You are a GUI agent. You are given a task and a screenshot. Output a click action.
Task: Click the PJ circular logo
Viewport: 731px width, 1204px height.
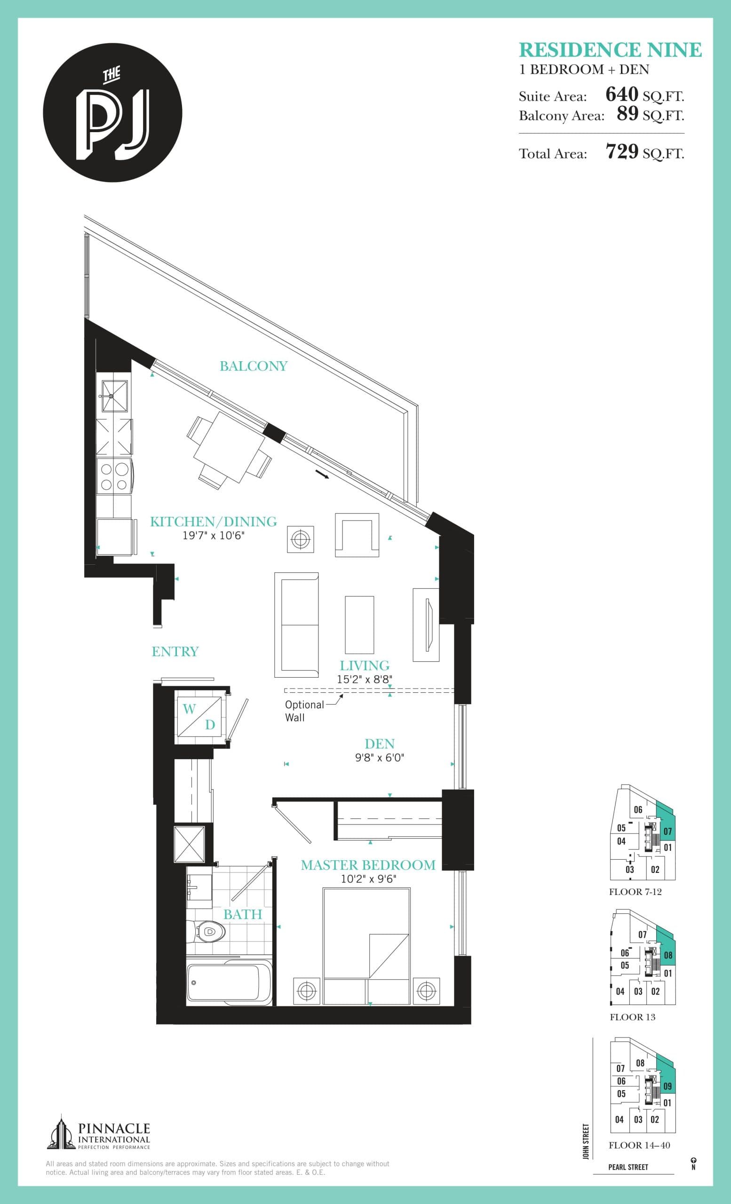coord(112,113)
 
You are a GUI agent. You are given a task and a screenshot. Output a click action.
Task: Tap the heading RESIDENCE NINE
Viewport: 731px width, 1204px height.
coord(610,50)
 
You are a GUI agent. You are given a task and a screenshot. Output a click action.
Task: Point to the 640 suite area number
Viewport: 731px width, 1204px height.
coord(621,94)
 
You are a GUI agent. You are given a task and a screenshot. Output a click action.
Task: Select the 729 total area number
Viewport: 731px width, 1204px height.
coord(621,152)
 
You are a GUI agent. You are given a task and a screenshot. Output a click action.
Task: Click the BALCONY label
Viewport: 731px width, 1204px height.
coord(253,366)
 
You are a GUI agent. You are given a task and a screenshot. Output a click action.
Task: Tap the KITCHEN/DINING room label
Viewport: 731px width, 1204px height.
coord(213,522)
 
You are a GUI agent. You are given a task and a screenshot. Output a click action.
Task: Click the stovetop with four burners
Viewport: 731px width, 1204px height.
coord(114,476)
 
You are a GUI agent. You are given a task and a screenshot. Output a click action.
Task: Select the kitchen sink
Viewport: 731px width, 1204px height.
coord(114,396)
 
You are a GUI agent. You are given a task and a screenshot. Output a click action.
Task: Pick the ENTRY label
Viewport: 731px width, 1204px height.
coord(175,651)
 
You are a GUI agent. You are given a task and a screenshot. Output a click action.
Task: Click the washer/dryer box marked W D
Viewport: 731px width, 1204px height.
coord(199,716)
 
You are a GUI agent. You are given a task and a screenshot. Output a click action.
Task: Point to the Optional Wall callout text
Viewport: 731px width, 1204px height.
coord(304,711)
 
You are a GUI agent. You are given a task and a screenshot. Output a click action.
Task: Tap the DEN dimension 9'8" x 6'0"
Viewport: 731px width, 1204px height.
coord(379,757)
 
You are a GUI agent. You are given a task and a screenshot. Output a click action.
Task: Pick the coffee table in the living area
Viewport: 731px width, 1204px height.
coord(359,625)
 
